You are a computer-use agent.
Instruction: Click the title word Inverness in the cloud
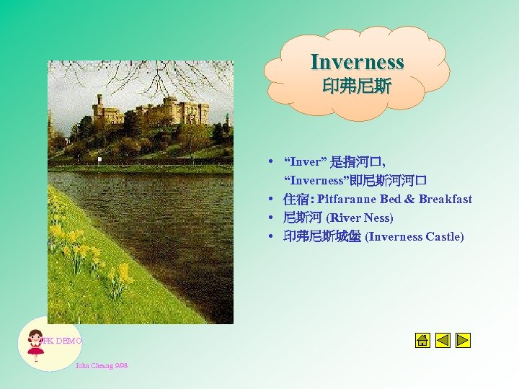pyautogui.click(x=357, y=63)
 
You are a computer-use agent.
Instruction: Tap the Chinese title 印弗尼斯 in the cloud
pyautogui.click(x=357, y=87)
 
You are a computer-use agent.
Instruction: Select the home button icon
pyautogui.click(x=423, y=340)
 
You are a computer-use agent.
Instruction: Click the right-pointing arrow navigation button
pyautogui.click(x=463, y=340)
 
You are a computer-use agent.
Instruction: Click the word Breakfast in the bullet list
pyautogui.click(x=445, y=199)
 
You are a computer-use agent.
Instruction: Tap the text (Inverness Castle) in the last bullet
pyautogui.click(x=414, y=236)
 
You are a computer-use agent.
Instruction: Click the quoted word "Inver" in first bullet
pyautogui.click(x=305, y=161)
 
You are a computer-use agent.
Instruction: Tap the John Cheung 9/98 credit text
pyautogui.click(x=101, y=366)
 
